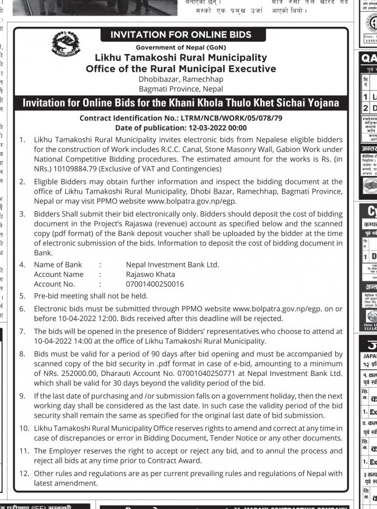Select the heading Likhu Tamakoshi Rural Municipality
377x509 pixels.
point(180,58)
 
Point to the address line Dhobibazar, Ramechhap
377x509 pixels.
point(180,79)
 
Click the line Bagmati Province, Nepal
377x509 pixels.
point(180,88)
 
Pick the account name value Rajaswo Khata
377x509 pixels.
point(150,274)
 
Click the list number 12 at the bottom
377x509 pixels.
point(24,473)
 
